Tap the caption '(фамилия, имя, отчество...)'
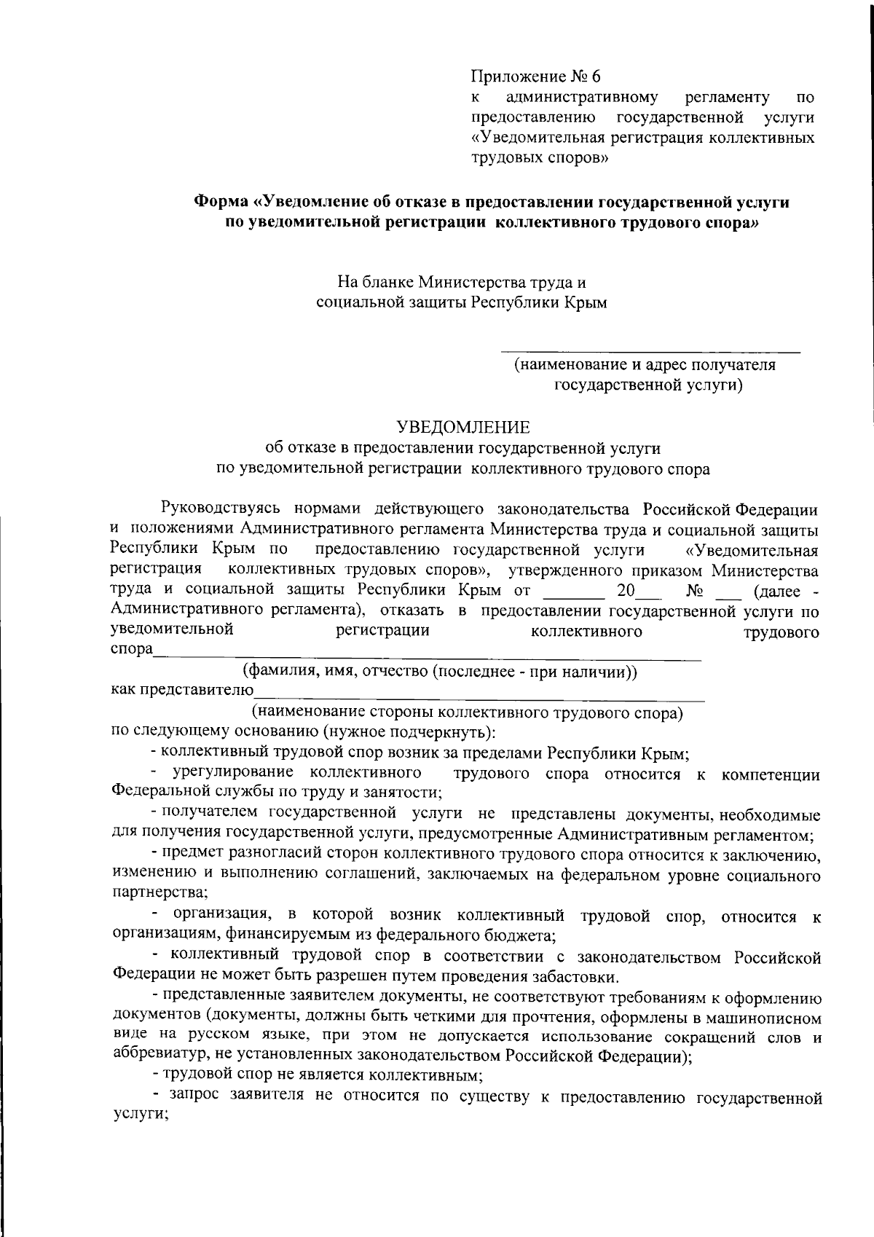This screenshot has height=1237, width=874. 440,671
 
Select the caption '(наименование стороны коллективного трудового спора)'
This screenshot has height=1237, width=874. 467,712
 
